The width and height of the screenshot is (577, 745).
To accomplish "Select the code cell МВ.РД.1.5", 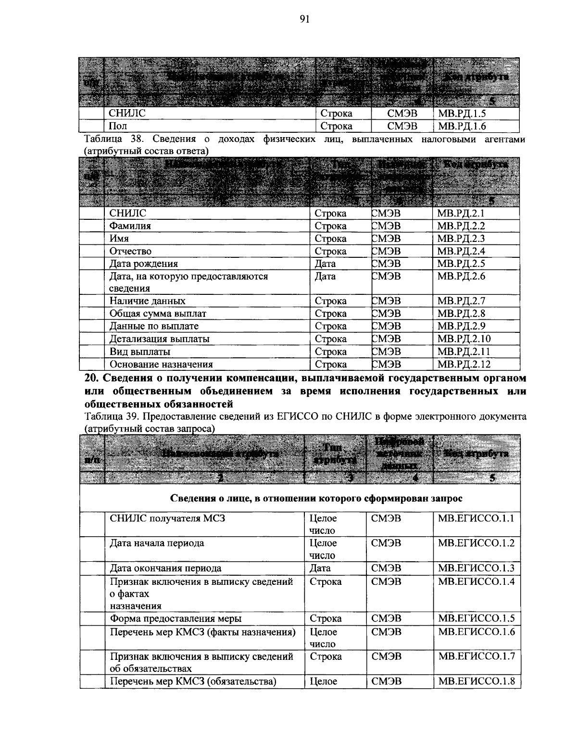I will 462,114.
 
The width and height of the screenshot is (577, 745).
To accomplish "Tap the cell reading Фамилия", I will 130,226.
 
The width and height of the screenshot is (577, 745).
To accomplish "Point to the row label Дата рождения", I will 143,264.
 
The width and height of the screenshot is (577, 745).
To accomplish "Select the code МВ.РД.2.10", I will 464,339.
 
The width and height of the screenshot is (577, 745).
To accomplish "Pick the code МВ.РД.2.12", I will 464,364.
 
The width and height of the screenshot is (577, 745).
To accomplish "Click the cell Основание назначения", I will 161,364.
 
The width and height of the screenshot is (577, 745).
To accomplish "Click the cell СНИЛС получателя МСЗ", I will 167,518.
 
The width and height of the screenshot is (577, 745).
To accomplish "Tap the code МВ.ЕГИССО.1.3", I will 476,568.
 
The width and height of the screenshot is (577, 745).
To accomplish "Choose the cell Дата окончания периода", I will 165,568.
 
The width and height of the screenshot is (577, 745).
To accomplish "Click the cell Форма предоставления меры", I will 176,619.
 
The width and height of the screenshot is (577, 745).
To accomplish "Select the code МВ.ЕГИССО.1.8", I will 476,681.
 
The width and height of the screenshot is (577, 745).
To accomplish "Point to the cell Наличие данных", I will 147,301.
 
